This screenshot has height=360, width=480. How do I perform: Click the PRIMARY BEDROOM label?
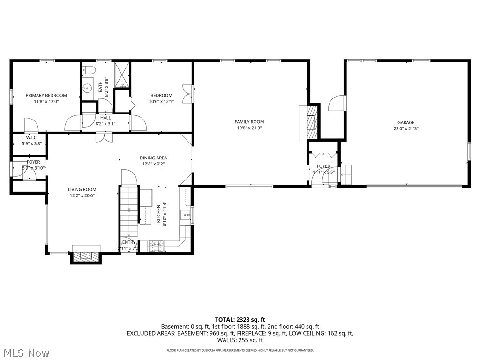(46, 95)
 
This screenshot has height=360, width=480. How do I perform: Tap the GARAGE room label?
(406, 123)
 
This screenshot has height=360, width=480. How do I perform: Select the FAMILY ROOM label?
(249, 122)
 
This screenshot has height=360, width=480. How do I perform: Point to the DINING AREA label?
(153, 158)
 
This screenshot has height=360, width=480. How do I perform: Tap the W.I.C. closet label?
(32, 138)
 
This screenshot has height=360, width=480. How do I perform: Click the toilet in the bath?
(90, 70)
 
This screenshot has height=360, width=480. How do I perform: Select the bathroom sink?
(88, 88)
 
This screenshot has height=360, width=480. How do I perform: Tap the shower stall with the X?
(122, 75)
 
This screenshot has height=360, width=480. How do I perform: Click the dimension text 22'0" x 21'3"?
(406, 128)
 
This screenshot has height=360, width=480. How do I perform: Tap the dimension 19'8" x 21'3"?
(249, 127)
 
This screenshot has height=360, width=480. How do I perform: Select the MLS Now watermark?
(26, 352)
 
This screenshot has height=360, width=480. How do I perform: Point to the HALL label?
(105, 118)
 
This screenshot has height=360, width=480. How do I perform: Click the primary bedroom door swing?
(31, 125)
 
